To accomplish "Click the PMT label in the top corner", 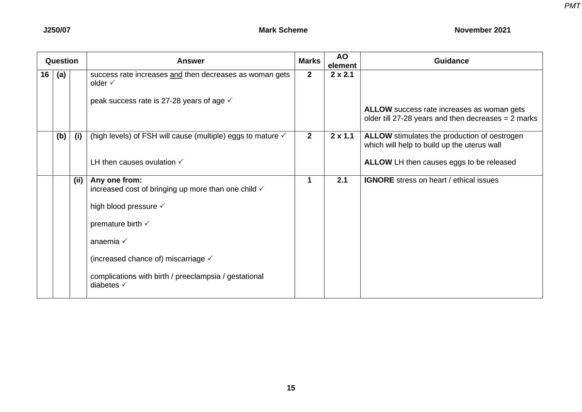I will click(x=573, y=5).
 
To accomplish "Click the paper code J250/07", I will click(x=57, y=30).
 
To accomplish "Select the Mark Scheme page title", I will click(x=283, y=30).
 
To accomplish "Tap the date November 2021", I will click(x=482, y=30).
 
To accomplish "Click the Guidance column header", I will click(x=451, y=61).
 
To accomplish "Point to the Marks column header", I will click(x=309, y=61).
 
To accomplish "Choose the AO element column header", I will click(x=342, y=61).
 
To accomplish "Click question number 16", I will click(x=45, y=75).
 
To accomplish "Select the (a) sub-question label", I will click(x=61, y=75).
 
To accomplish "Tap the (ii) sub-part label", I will click(x=78, y=180).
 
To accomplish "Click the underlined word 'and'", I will click(x=176, y=75).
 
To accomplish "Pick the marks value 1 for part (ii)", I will click(x=309, y=180).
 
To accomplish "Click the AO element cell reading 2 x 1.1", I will click(x=342, y=136).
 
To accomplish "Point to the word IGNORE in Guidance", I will click(x=379, y=180).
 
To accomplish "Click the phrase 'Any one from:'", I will click(x=116, y=180).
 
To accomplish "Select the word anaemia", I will click(x=105, y=242).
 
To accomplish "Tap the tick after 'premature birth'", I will click(x=147, y=223).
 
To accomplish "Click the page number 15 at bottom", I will click(x=291, y=388).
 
